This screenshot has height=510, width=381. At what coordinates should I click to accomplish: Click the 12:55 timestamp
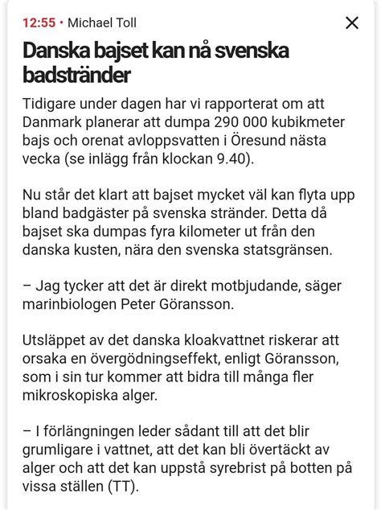[x=39, y=23]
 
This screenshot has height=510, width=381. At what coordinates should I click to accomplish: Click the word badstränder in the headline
[x=76, y=76]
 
